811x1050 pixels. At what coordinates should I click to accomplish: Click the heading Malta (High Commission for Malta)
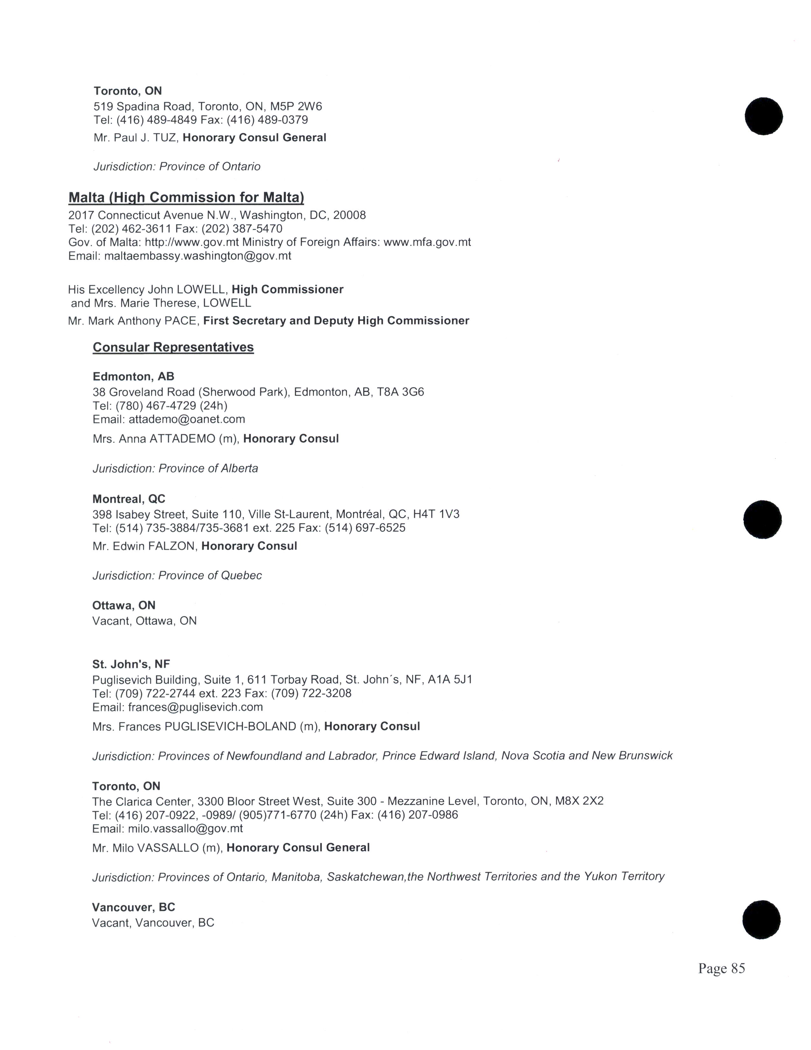(x=186, y=198)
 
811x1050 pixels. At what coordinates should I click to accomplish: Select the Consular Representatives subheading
(x=173, y=347)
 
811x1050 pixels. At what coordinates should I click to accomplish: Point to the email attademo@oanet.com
(x=187, y=419)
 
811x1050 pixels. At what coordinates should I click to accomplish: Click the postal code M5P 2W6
(x=296, y=106)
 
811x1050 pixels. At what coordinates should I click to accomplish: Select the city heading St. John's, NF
(x=131, y=664)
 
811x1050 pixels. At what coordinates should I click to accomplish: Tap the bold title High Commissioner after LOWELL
(x=287, y=290)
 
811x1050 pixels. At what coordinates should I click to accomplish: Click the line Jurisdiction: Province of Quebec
(x=177, y=576)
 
